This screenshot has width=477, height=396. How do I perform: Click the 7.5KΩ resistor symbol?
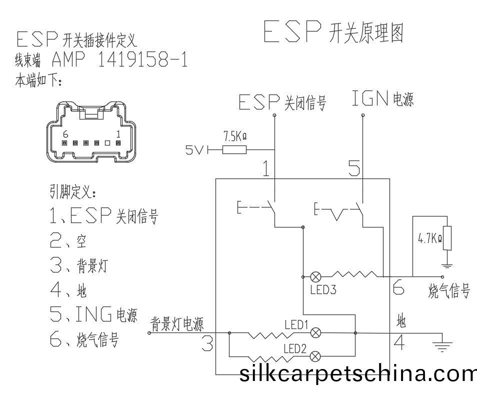pos(234,149)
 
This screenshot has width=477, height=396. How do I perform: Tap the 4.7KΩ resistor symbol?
pos(447,238)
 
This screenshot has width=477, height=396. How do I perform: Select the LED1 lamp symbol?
pos(316,332)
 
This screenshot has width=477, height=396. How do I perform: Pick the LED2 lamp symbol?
pos(315,355)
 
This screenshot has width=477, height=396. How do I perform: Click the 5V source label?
pos(195,149)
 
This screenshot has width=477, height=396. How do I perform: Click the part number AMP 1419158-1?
pos(119,60)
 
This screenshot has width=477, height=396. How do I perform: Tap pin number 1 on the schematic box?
pos(266,169)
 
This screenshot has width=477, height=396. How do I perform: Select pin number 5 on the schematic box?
pos(353,168)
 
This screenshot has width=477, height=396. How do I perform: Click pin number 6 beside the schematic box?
pos(398,288)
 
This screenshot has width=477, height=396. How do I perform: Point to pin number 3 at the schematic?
pos(207,343)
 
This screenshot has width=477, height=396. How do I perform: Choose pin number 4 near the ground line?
pos(398,343)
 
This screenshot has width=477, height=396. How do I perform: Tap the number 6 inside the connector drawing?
pos(65,134)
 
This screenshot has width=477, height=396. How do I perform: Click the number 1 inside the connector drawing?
pos(118,134)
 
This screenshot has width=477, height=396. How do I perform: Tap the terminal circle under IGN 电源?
pos(362,115)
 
